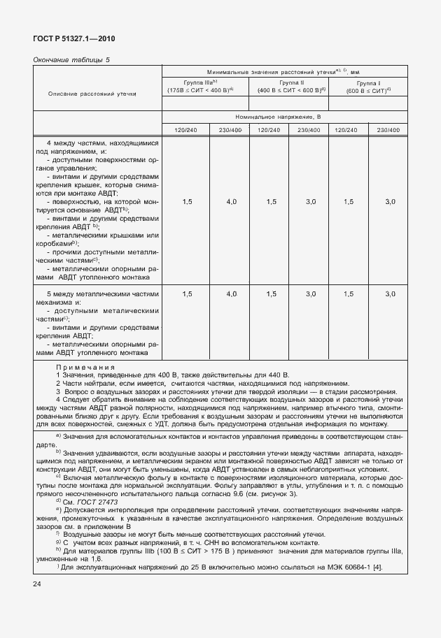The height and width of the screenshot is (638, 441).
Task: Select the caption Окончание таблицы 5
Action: [x=72, y=60]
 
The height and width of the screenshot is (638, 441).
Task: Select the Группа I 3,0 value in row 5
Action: [x=391, y=294]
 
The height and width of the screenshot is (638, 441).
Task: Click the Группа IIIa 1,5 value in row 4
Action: [x=187, y=201]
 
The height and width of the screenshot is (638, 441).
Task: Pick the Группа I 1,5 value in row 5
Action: [x=348, y=294]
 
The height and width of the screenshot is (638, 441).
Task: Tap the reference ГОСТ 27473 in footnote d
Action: [x=99, y=502]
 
